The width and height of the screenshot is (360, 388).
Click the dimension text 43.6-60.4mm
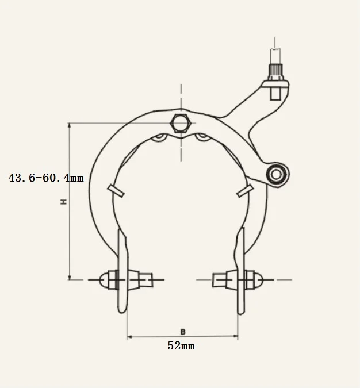click(46, 178)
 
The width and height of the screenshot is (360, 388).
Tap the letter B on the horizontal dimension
click(182, 332)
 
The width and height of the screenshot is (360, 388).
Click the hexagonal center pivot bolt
click(180, 123)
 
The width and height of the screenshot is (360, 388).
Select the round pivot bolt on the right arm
click(277, 173)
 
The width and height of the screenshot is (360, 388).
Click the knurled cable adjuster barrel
click(275, 74)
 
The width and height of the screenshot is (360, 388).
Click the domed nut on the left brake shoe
click(105, 279)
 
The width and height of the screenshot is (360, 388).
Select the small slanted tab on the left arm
click(116, 191)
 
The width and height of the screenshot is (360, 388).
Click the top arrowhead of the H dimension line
click(70, 125)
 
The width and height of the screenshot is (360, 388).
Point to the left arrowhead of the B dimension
click(129, 337)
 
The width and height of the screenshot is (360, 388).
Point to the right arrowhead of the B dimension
click(236, 337)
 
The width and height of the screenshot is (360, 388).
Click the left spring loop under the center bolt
click(161, 137)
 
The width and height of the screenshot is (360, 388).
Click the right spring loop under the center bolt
click(202, 137)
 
